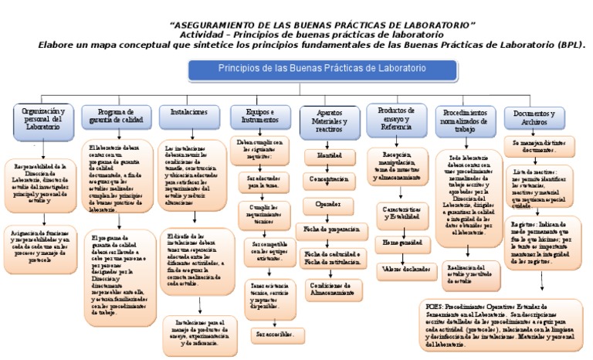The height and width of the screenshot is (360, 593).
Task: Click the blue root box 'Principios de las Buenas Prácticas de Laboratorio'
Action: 310,69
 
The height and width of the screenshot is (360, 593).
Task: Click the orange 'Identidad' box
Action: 324,155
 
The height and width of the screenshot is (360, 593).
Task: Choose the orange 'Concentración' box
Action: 325,179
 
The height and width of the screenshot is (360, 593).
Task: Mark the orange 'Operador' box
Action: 325,204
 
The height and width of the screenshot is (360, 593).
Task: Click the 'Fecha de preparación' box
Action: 332,229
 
